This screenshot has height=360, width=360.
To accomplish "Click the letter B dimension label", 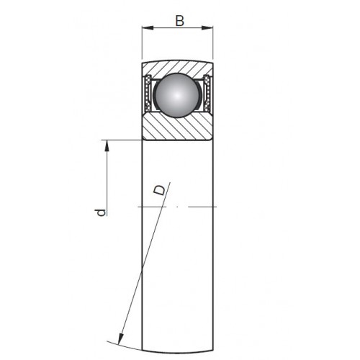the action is pyautogui.click(x=180, y=21).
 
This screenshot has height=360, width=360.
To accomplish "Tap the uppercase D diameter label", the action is pyautogui.click(x=160, y=190).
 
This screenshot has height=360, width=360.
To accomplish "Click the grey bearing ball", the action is pyautogui.click(x=177, y=95).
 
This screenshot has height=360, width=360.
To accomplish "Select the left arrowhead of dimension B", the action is pyautogui.click(x=148, y=28).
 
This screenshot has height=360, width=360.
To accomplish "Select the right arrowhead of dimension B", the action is pyautogui.click(x=207, y=28).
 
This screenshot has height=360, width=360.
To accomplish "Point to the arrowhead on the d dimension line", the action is pyautogui.click(x=107, y=145).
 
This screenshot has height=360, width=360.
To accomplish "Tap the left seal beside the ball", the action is pyautogui.click(x=148, y=93).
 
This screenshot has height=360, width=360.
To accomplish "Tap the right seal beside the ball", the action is pyautogui.click(x=207, y=93).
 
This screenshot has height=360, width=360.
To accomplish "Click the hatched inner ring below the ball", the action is pyautogui.click(x=177, y=127).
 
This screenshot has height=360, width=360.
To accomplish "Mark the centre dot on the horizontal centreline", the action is pyautogui.click(x=177, y=207).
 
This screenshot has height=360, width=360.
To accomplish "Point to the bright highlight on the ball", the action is pyautogui.click(x=177, y=95).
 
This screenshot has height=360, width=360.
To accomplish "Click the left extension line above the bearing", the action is pyautogui.click(x=142, y=42).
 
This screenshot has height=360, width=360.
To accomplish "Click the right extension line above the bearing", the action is pyautogui.click(x=213, y=42).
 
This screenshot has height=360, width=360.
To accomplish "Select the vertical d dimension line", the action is pyautogui.click(x=107, y=178).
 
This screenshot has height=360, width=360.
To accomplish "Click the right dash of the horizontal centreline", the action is pyautogui.click(x=202, y=207).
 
